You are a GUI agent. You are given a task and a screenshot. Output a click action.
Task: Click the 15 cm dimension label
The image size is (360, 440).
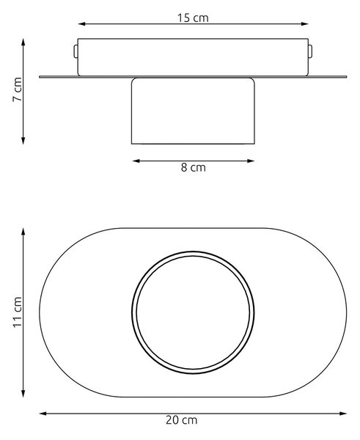[193, 18]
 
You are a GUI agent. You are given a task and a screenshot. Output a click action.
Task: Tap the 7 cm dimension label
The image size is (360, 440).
[18, 89]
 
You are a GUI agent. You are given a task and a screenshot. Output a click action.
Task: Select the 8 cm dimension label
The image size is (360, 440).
[194, 167]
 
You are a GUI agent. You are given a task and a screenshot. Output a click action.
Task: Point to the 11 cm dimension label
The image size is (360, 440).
[18, 312]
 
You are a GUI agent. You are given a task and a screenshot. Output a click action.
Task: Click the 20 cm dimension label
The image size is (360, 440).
[182, 420]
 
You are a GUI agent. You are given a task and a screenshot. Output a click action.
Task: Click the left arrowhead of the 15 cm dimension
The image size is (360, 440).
[81, 24]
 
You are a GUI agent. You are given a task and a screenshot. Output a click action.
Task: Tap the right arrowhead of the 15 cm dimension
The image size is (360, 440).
[305, 24]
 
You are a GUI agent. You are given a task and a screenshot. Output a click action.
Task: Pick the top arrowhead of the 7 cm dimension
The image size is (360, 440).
[23, 42]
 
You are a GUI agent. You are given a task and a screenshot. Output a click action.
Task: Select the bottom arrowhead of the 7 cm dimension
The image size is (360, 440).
[23, 141]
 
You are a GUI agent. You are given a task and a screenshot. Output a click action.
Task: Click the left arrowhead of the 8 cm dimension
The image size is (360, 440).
[136, 161]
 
